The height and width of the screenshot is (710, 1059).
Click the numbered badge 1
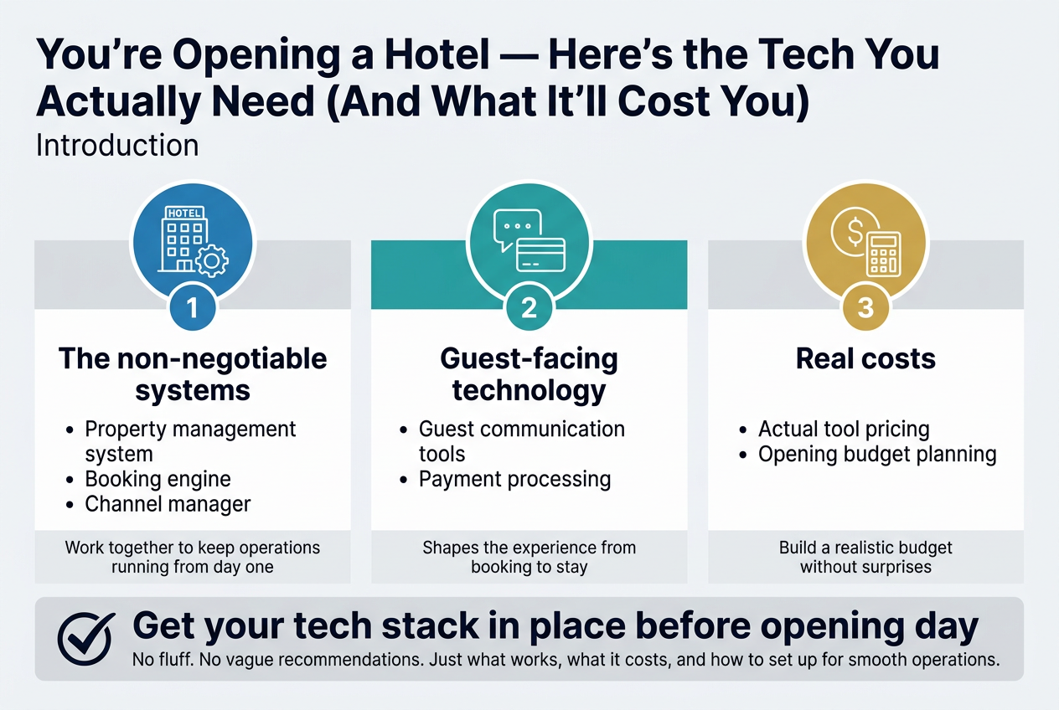coord(193,308)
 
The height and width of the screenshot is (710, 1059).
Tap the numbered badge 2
coord(529,308)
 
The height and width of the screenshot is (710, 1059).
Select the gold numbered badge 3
coord(865,308)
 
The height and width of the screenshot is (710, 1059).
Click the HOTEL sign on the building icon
coord(184,213)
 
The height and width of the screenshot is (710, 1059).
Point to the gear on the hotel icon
coord(212,260)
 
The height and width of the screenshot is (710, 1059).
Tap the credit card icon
coord(541,255)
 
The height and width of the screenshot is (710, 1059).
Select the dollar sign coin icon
coord(855,232)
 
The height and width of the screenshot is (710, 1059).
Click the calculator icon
coord(884,255)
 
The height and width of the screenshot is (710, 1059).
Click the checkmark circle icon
coord(85,639)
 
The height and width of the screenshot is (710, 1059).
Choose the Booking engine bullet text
coord(158,479)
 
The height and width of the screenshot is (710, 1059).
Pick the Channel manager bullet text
coord(168,504)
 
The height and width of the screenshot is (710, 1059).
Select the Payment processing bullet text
coord(515,479)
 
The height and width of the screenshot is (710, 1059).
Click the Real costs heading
coord(865,358)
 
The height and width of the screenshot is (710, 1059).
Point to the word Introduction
coord(117,145)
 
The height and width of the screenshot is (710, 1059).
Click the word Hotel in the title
coord(437,54)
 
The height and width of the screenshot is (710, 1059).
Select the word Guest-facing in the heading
coord(529,358)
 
